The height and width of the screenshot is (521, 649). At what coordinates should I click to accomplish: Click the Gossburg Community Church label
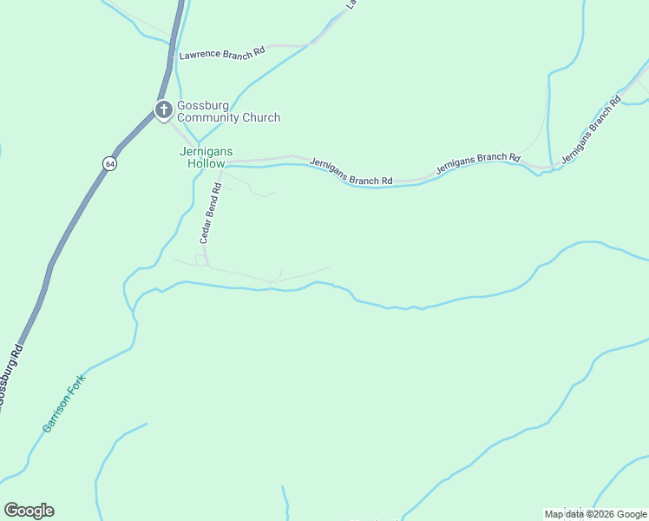pos(228,112)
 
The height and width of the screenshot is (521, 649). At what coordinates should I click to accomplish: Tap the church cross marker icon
pos(163,110)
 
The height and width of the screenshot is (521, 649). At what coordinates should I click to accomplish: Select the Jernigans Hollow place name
pos(206,157)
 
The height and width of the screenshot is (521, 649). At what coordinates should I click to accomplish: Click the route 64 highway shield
pos(108,163)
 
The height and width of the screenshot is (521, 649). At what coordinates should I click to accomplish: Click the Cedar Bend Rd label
pos(212,212)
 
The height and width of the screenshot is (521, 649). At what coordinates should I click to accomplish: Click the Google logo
pos(29,511)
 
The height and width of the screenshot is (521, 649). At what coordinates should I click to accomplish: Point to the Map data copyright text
pos(596,514)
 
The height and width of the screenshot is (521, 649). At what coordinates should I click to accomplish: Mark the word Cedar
pos(207,229)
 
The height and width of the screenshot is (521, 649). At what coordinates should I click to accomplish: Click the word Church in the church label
pos(263,118)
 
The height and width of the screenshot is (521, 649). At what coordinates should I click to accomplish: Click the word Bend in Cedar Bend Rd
pos(213,206)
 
